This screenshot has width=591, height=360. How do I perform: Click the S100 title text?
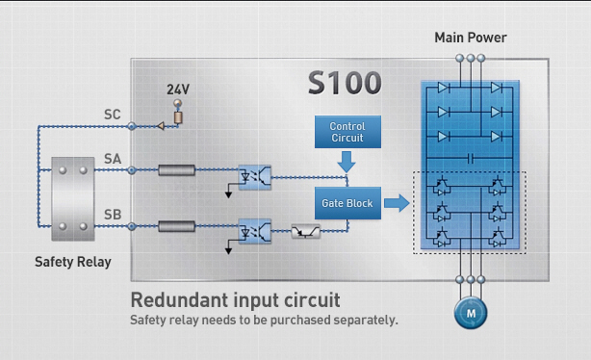(345, 83)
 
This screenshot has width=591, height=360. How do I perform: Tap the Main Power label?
(470, 38)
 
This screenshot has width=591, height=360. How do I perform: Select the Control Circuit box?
(347, 133)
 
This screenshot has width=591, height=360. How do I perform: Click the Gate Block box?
(347, 202)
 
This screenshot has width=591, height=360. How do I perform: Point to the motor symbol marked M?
(471, 313)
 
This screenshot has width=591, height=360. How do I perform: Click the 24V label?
(178, 90)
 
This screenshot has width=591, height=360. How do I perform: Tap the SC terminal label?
(113, 115)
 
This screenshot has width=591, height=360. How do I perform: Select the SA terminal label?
(113, 158)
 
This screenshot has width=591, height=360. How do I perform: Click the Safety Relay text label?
(72, 262)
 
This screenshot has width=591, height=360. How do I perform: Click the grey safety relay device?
(72, 198)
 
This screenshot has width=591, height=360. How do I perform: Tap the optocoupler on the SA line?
(254, 176)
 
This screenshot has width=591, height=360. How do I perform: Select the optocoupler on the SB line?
(254, 232)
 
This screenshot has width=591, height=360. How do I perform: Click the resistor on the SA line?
(177, 171)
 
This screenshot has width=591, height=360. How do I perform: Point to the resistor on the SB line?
(177, 227)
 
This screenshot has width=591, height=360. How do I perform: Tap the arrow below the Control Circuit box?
(347, 166)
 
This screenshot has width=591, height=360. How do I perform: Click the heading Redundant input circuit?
(235, 299)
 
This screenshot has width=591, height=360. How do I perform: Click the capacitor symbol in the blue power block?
(471, 157)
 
